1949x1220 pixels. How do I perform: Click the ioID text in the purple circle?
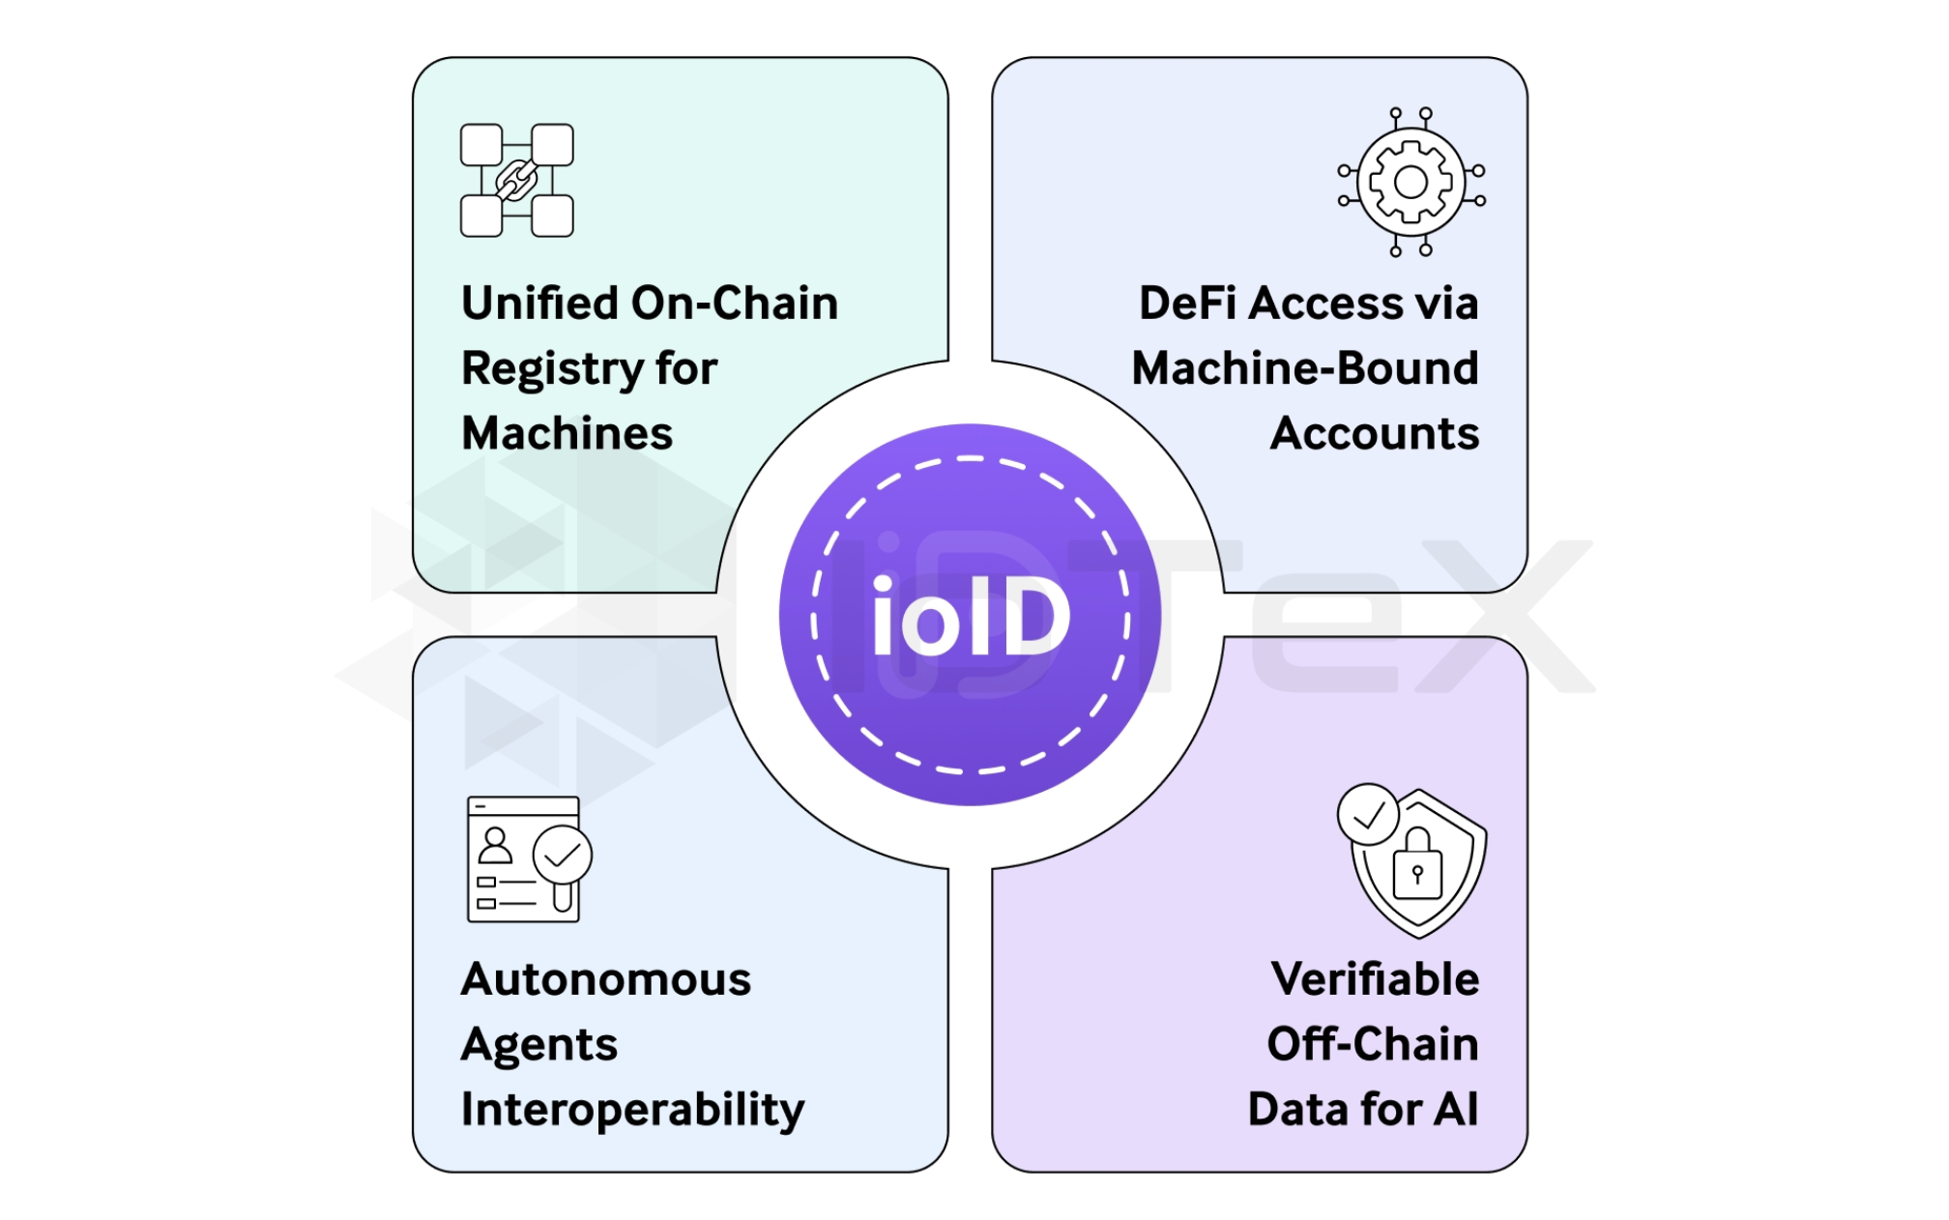point(971,617)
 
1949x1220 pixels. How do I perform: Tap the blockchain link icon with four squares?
point(516,180)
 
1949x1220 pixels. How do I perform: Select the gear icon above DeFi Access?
point(1411,182)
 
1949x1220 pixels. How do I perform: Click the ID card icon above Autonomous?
point(527,858)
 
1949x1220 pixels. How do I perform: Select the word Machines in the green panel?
point(567,433)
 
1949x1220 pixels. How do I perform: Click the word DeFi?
point(1188,304)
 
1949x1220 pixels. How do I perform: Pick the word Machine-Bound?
point(1305,368)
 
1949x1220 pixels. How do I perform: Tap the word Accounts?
point(1374,433)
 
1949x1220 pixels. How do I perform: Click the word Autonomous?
point(606,979)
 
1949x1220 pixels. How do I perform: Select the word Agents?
point(538,1045)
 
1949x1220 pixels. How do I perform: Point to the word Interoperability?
point(632,1110)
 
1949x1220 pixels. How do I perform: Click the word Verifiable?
point(1375,979)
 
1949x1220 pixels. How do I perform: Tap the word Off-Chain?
point(1373,1044)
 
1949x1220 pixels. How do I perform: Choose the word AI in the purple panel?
point(1456,1109)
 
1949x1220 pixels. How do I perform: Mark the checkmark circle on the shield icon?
point(1368,815)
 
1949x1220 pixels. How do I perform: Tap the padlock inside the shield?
point(1417,867)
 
